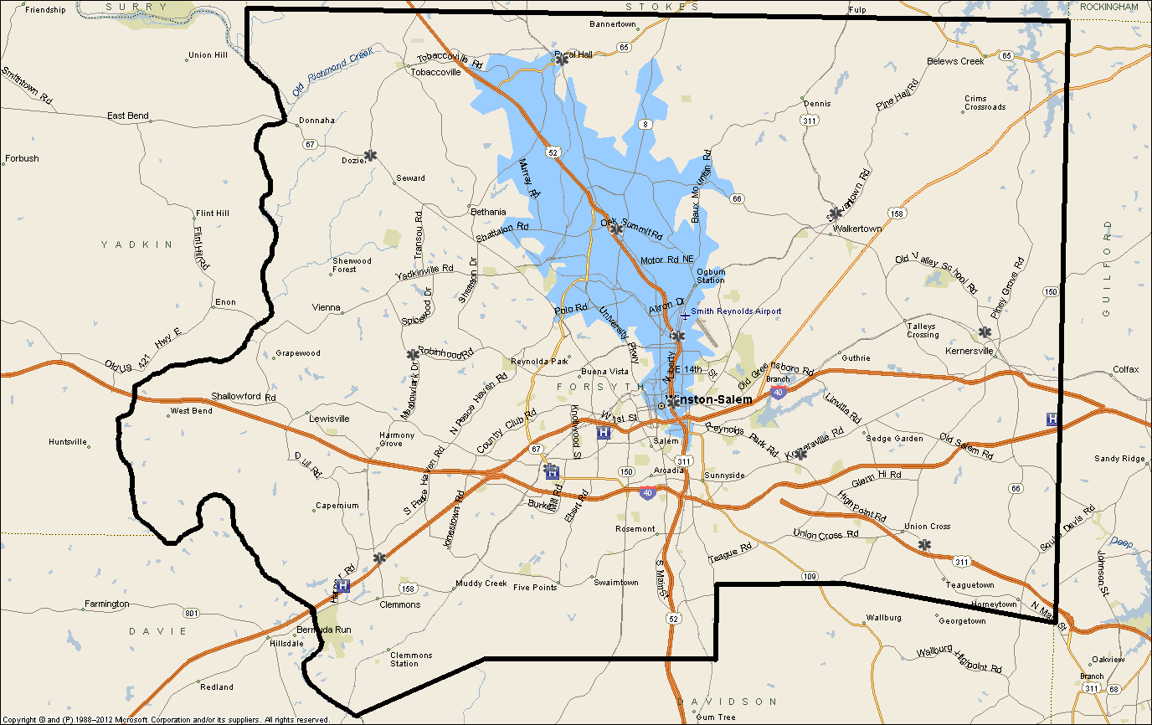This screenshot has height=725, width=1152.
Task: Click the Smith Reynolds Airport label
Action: pyautogui.click(x=736, y=311)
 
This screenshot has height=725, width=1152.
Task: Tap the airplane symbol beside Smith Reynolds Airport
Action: pyautogui.click(x=685, y=315)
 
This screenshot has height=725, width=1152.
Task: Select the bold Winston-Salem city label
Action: pyautogui.click(x=711, y=400)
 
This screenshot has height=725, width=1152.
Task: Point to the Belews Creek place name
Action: pyautogui.click(x=955, y=61)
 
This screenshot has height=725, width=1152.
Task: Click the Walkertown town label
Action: pyautogui.click(x=857, y=229)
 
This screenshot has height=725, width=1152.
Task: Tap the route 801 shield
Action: pyautogui.click(x=193, y=614)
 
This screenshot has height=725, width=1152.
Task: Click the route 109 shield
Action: pyautogui.click(x=809, y=576)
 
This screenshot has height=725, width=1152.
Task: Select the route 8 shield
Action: pyautogui.click(x=645, y=124)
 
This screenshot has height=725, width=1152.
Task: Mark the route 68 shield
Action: pyautogui.click(x=1113, y=688)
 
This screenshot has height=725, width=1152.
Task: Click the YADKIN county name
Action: pyautogui.click(x=136, y=244)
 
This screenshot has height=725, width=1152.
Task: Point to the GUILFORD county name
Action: pyautogui.click(x=1107, y=268)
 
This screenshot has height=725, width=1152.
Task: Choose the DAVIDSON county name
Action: pyautogui.click(x=727, y=701)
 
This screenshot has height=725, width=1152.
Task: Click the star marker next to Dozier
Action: pyautogui.click(x=370, y=156)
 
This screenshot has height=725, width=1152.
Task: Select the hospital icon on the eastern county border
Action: pyautogui.click(x=1052, y=419)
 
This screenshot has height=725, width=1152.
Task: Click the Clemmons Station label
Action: pyautogui.click(x=410, y=659)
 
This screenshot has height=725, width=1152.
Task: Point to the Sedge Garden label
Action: pyautogui.click(x=894, y=439)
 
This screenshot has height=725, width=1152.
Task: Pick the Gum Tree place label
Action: pyautogui.click(x=716, y=717)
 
